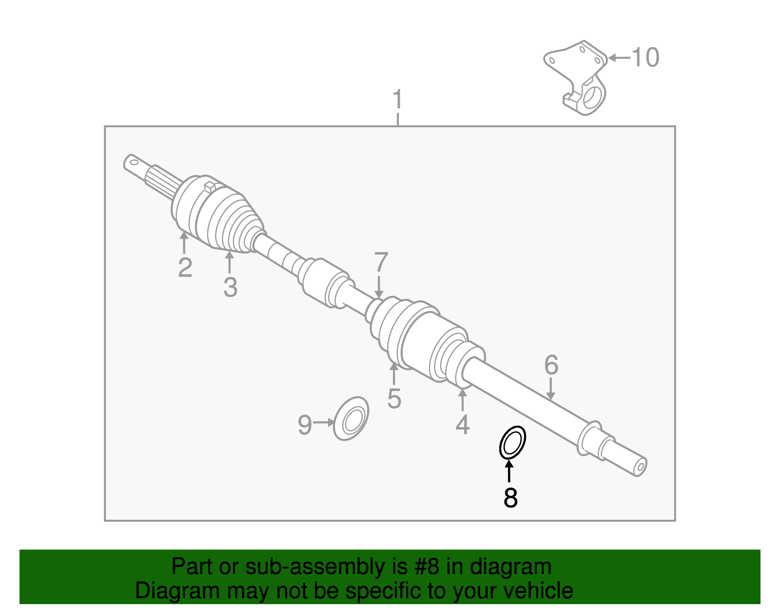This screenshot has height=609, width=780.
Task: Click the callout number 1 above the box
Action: coord(398,100)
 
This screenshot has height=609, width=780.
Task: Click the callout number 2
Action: coord(185,268)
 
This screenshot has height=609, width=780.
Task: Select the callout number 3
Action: coord(230,287)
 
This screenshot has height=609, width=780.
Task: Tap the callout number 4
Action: coord(462,425)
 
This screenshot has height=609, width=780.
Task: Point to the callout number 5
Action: coord(394,399)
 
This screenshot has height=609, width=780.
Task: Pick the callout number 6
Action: coord(551,365)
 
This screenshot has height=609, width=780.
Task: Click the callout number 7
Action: coord(381,263)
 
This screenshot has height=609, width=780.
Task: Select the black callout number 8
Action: coord(510,498)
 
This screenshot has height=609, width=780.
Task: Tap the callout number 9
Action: coord(305,425)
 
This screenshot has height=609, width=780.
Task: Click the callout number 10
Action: coord(645,58)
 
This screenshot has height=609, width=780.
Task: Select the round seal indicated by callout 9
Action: coord(351,419)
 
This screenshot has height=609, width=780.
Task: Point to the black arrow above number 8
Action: coord(509,471)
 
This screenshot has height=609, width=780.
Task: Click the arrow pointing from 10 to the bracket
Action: coord(619,58)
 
